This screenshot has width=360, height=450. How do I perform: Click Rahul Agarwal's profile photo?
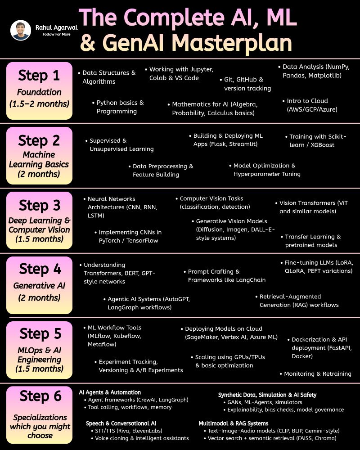tap(21, 30)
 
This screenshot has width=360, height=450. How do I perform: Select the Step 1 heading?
tap(39, 76)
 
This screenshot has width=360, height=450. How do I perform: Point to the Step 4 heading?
tap(39, 269)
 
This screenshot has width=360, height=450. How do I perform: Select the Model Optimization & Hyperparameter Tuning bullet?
tap(267, 170)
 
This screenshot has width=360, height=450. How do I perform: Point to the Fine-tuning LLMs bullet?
tap(319, 266)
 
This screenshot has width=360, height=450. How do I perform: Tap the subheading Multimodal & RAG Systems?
tap(234, 423)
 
